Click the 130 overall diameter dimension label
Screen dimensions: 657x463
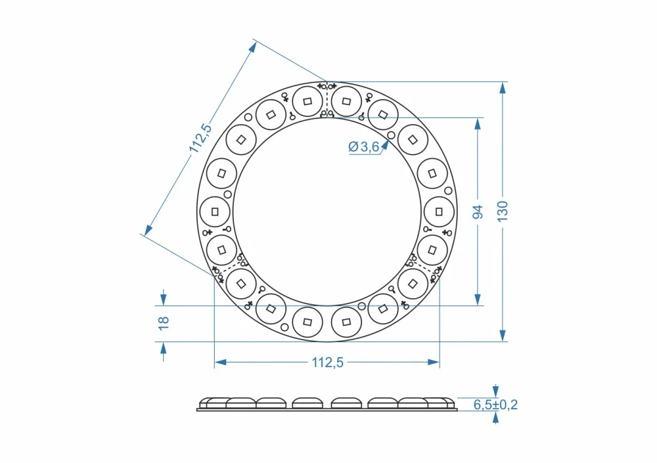pos(503,211)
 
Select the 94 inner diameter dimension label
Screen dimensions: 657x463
pos(478,212)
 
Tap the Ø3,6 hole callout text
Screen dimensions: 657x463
pos(364,146)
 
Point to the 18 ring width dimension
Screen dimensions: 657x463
pos(164,323)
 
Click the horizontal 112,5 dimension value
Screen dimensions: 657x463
pos(328,363)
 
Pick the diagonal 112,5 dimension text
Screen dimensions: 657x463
pos(200,139)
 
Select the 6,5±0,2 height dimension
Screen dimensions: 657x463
pos(495,405)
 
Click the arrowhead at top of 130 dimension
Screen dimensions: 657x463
pos(503,88)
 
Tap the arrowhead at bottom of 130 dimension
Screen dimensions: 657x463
pos(503,336)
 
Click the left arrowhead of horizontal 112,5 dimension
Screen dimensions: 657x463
pos(220,362)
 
